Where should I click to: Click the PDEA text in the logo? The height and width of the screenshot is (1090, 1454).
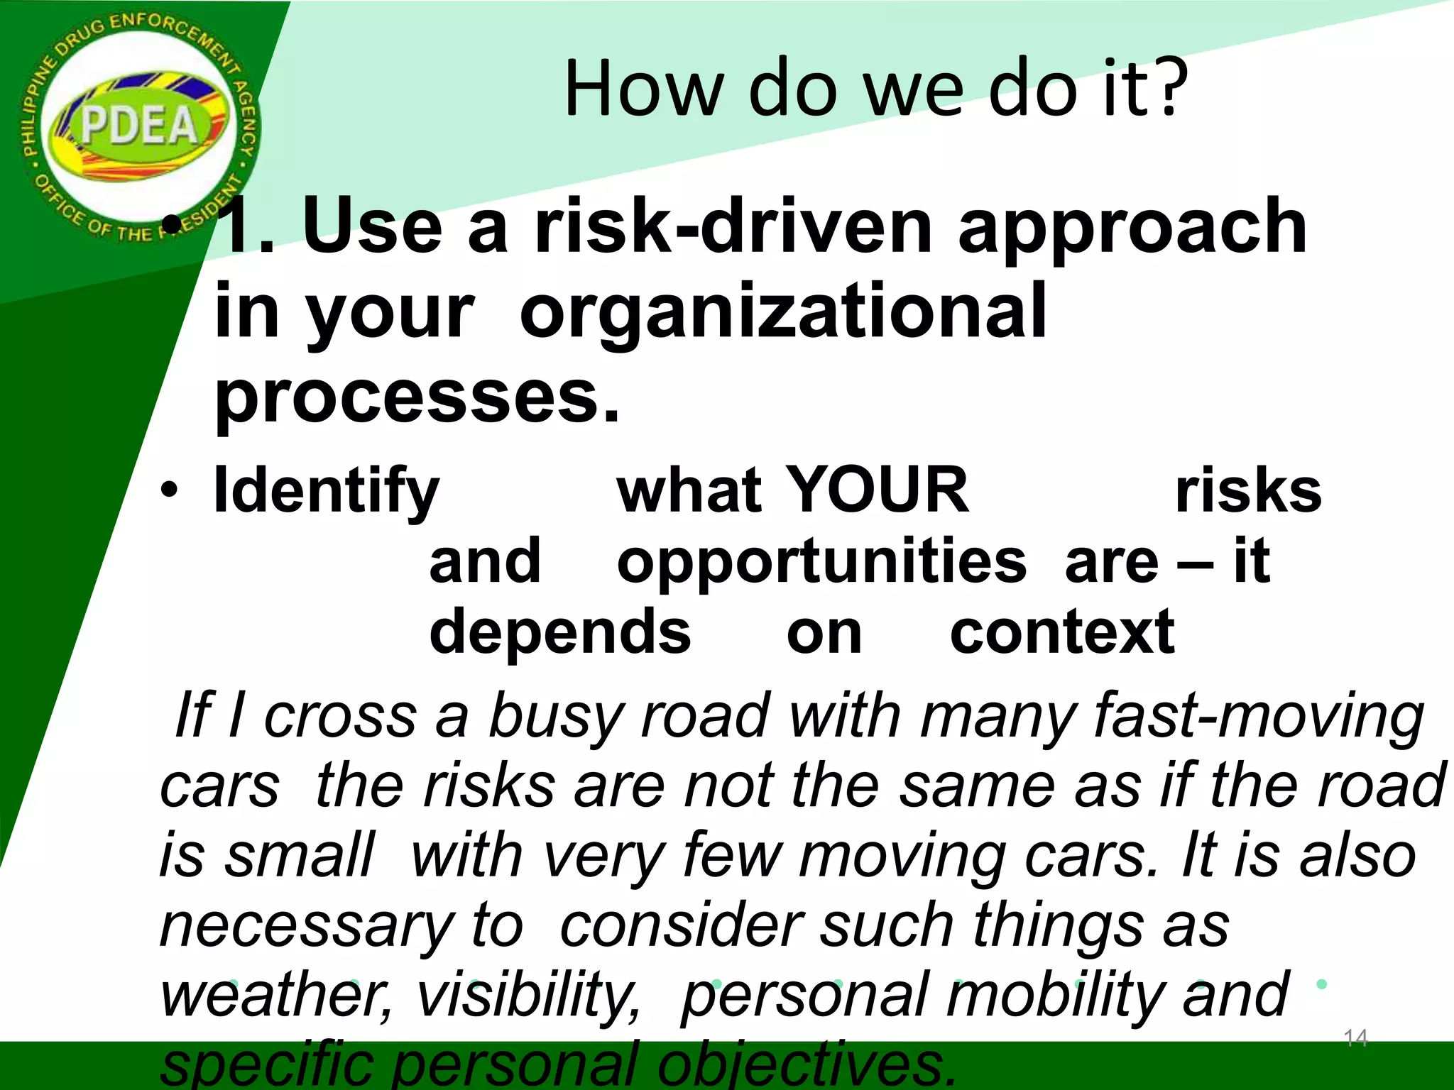139,126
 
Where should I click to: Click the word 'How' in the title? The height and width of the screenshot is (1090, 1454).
643,89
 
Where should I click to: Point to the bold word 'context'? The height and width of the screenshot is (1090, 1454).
1062,632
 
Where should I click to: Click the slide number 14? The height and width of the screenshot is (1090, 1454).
1355,1038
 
